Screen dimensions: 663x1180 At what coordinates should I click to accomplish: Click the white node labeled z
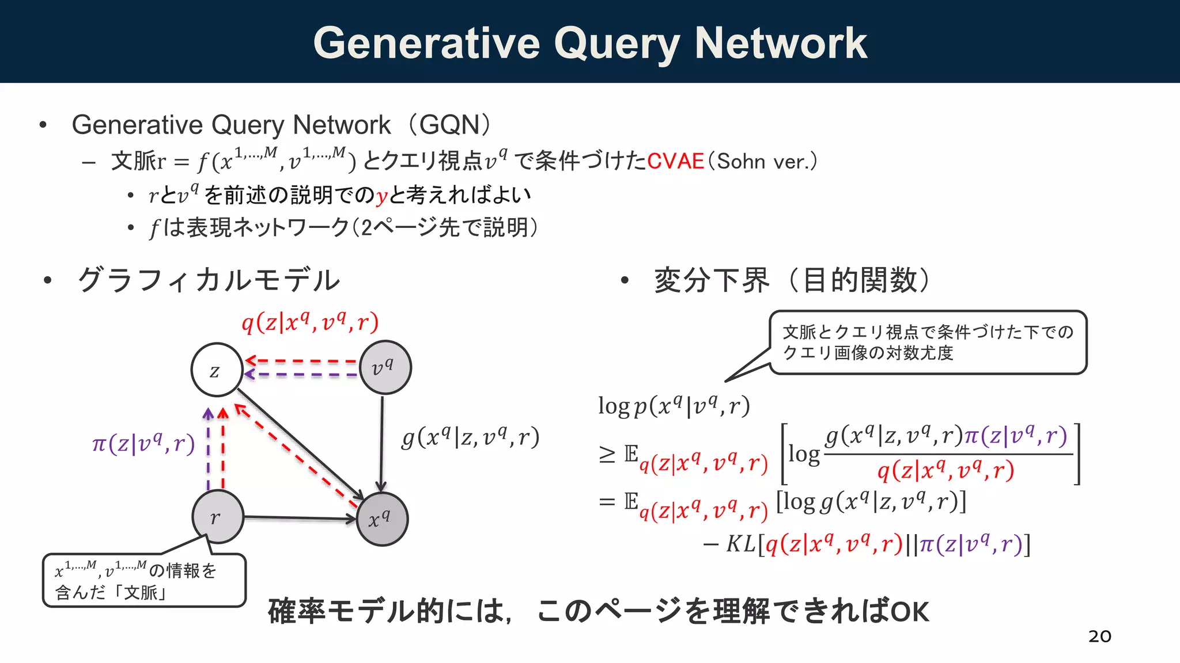tap(216, 370)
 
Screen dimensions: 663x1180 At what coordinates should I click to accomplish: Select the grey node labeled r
tap(217, 517)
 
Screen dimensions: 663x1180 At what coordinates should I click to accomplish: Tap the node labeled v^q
tap(385, 367)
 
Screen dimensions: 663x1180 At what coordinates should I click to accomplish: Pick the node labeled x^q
tap(382, 519)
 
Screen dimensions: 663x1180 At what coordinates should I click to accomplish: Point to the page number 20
tap(1099, 636)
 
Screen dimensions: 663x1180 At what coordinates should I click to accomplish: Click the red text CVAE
tap(675, 161)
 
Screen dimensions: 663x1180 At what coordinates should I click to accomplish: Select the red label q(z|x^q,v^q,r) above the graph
tap(310, 322)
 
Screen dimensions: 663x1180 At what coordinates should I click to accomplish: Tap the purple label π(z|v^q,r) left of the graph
tap(143, 444)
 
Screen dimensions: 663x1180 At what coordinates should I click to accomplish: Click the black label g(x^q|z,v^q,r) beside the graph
tap(470, 438)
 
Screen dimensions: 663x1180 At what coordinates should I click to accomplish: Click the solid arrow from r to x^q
tap(300, 518)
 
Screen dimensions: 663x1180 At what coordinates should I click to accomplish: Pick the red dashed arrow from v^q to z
tap(302, 361)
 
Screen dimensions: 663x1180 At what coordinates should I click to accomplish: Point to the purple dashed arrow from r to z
tap(208, 449)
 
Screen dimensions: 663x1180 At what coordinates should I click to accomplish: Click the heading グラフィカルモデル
tap(209, 280)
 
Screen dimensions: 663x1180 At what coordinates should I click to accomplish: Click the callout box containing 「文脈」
tap(144, 580)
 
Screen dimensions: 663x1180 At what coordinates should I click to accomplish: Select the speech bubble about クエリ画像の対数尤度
tap(928, 342)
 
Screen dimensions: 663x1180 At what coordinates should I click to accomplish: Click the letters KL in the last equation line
tap(740, 544)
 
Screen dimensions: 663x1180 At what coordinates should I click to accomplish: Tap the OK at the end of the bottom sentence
tap(910, 612)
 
